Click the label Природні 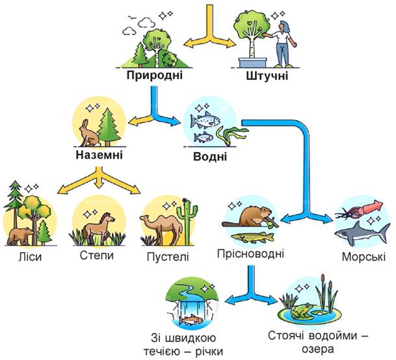(154, 75)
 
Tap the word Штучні (267, 76)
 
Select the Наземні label (99, 155)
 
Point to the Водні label (210, 157)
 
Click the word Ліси (30, 257)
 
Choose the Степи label (97, 255)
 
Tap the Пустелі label (168, 257)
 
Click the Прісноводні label (250, 253)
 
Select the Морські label (363, 257)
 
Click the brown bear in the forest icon (20, 237)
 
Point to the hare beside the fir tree (89, 133)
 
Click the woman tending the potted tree (283, 44)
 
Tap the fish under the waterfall (191, 320)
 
